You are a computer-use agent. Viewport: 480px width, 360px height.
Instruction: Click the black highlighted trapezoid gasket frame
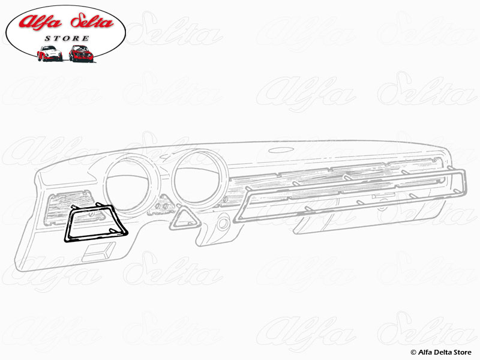click(95, 223)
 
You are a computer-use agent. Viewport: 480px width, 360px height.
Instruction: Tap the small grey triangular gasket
click(185, 218)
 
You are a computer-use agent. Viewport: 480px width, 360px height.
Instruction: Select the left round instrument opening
click(132, 185)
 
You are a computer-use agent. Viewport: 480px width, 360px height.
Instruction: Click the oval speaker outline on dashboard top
click(281, 150)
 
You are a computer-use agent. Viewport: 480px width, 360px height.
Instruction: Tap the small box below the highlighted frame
click(99, 250)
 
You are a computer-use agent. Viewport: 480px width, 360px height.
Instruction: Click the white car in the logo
click(50, 53)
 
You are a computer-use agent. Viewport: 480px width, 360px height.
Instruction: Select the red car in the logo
click(81, 53)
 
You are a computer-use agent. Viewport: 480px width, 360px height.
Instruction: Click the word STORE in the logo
click(67, 38)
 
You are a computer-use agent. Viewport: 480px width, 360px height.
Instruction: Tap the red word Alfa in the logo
click(41, 22)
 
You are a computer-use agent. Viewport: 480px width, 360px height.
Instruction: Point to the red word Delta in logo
click(92, 21)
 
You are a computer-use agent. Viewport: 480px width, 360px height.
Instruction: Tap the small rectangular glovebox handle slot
click(383, 196)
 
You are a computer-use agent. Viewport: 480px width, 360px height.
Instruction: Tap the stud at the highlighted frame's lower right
click(113, 230)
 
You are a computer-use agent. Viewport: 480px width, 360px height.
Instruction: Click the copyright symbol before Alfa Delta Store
click(413, 352)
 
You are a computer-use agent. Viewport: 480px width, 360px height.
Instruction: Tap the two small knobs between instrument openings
click(163, 206)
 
